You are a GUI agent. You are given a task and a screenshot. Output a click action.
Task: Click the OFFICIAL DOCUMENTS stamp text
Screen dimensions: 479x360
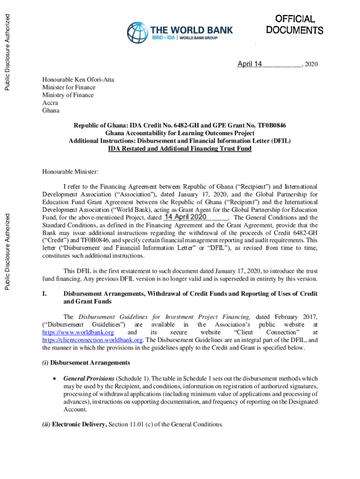295,25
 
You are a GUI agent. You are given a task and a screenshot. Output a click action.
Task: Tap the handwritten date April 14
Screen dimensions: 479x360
249,64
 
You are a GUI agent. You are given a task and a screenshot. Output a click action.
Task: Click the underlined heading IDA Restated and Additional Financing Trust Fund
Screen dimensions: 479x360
180,149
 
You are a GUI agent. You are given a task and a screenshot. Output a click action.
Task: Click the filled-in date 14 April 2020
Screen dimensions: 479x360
186,217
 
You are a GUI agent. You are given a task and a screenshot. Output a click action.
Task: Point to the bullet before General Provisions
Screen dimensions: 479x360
55,378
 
